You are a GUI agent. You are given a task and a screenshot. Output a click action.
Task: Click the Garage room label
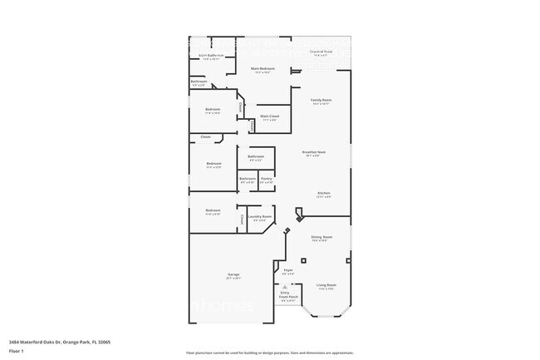(x=234, y=275)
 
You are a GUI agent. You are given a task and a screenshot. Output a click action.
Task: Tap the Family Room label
(x=321, y=101)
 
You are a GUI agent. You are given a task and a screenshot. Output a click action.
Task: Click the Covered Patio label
(x=321, y=52)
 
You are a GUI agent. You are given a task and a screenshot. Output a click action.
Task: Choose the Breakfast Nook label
(x=313, y=153)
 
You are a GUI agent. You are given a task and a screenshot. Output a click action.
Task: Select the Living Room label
(x=326, y=285)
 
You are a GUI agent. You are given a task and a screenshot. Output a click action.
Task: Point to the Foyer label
(x=288, y=271)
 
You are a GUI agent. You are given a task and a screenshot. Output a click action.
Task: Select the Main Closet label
(x=269, y=117)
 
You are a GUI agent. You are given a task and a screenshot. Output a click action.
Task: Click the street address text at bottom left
(x=59, y=341)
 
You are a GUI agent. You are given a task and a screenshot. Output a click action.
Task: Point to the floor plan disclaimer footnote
(x=269, y=353)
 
